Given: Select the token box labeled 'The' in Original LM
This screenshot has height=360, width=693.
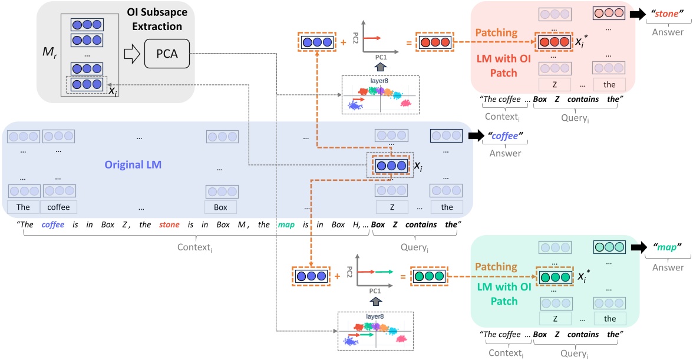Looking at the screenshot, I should [23, 207].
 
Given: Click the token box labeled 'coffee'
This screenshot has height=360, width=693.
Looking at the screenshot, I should [58, 207].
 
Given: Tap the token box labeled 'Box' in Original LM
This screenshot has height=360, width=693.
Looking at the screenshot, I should [221, 207].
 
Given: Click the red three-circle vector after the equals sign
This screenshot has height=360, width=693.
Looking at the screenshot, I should [434, 42].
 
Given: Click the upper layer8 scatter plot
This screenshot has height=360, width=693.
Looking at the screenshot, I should [380, 95].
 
